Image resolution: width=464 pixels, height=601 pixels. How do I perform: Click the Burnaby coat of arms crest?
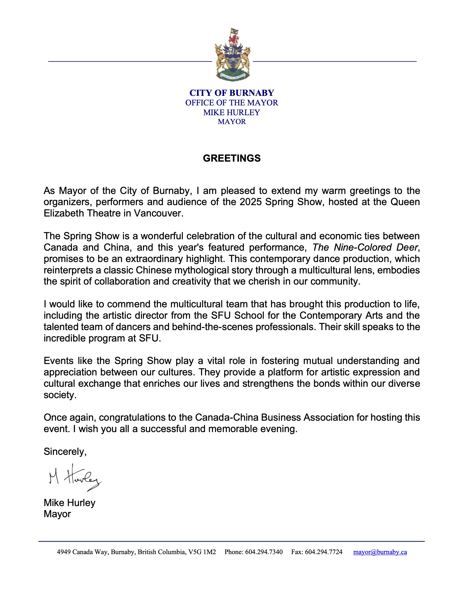click(232, 54)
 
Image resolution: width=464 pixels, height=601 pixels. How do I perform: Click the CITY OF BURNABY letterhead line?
click(232, 93)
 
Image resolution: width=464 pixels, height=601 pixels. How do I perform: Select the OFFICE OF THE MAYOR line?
click(232, 103)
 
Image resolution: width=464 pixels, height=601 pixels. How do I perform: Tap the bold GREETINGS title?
click(232, 158)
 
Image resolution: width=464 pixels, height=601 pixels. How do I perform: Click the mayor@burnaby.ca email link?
click(380, 552)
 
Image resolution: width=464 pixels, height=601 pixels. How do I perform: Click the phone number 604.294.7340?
click(264, 552)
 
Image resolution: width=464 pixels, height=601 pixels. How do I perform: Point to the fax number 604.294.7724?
click(323, 552)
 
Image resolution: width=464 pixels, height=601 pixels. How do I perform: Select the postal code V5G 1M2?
click(202, 552)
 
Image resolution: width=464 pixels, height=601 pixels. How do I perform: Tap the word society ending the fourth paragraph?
click(60, 395)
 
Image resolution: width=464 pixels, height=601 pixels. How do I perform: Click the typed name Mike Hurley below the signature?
click(70, 503)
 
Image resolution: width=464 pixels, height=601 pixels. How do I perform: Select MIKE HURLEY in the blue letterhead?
click(232, 112)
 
